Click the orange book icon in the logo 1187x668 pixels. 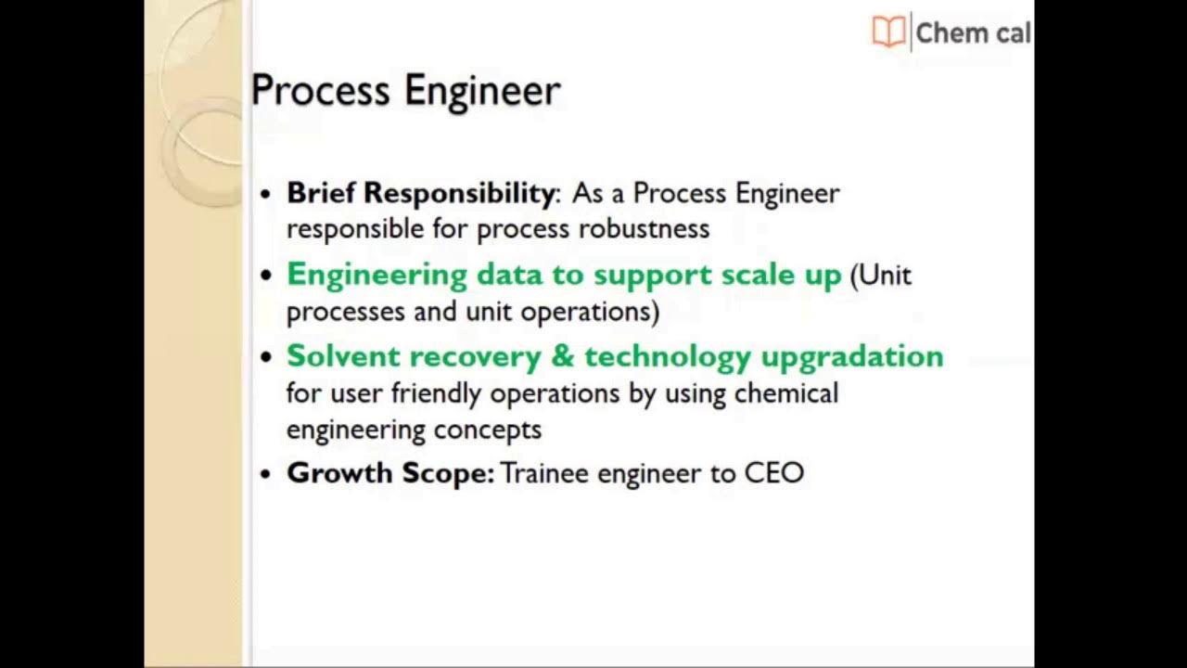click(x=888, y=32)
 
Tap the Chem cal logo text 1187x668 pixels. click(x=972, y=33)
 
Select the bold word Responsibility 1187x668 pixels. click(x=459, y=193)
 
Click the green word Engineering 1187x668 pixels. click(x=377, y=276)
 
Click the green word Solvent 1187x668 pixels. click(x=342, y=356)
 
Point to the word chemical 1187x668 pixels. click(x=785, y=393)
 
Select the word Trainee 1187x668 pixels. click(x=544, y=473)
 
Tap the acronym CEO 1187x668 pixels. click(x=773, y=473)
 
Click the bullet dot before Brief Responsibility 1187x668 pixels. click(x=266, y=195)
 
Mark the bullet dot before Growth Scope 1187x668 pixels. click(x=266, y=475)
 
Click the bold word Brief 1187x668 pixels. click(x=321, y=193)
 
